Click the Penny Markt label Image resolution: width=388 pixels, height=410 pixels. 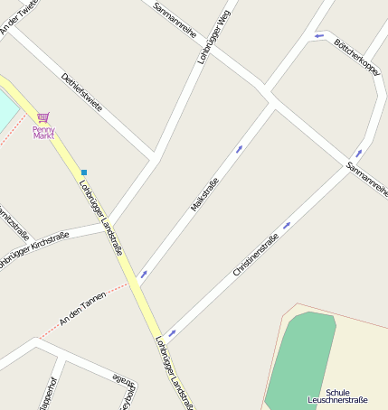[43, 132]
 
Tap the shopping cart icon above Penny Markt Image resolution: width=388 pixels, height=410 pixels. [43, 117]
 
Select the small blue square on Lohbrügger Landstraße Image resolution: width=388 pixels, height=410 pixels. [84, 172]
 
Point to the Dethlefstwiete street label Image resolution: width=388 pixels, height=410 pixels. [81, 92]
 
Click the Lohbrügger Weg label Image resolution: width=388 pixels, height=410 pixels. [214, 37]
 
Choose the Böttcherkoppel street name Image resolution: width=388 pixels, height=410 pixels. [356, 56]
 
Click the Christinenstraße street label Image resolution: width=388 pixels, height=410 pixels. [255, 255]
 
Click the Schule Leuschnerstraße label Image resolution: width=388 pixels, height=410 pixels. [337, 396]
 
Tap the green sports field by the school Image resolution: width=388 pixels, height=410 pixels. [298, 361]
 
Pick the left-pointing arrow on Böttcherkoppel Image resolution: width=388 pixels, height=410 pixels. [319, 36]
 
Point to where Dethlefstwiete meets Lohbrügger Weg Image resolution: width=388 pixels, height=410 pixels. [156, 157]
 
